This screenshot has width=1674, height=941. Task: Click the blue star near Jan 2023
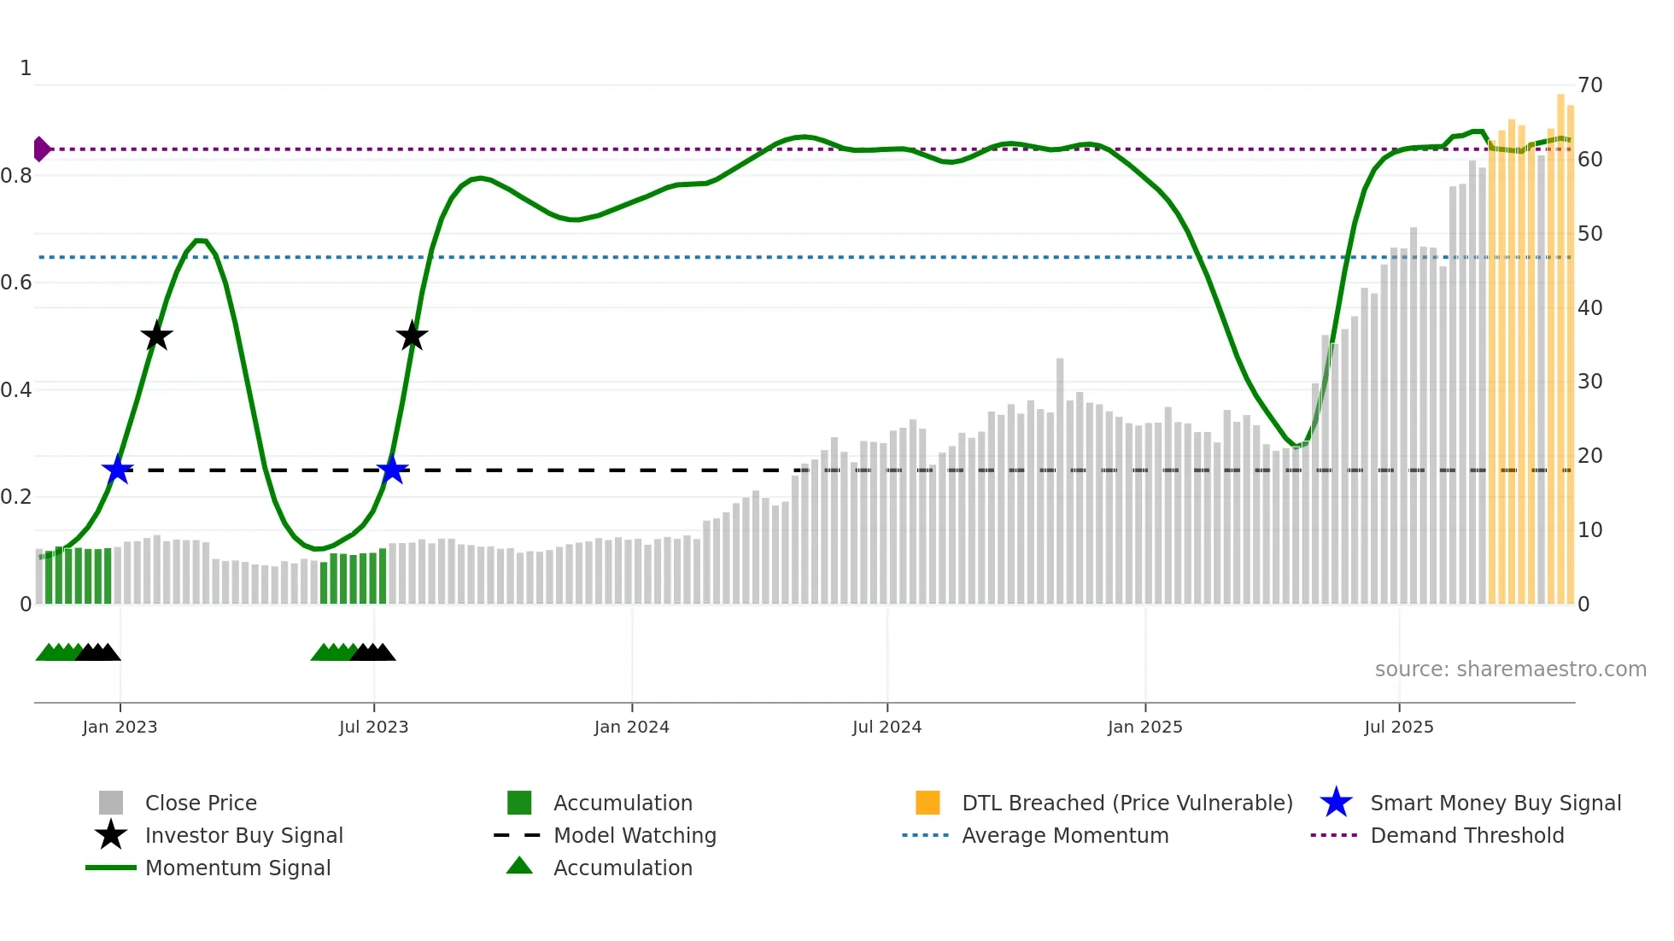118,470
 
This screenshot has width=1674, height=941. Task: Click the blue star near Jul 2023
392,470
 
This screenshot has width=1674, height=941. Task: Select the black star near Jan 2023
156,336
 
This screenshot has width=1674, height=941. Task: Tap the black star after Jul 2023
412,336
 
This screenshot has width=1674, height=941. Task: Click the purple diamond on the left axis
41,149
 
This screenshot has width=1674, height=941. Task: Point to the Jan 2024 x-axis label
631,727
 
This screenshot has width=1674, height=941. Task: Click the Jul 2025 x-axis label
1398,727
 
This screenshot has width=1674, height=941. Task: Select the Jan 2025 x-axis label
1144,727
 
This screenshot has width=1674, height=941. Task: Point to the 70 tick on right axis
1589,85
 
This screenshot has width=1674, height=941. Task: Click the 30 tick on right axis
1589,382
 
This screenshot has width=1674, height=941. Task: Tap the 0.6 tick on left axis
16,283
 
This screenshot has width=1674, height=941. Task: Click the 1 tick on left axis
26,68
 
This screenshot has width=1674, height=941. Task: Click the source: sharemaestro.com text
1510,669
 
